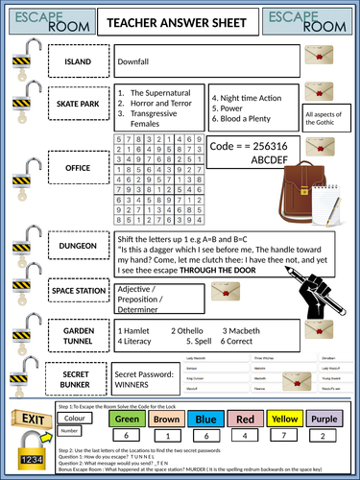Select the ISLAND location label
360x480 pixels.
78,61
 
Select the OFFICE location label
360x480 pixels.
78,167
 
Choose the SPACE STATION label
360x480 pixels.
78,288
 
